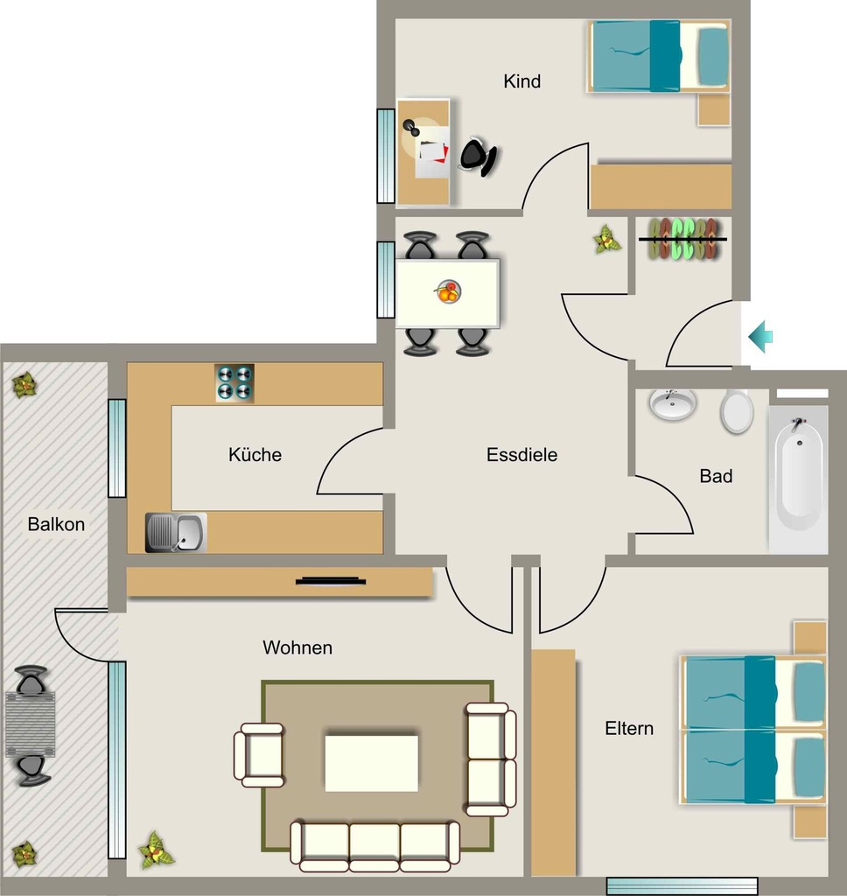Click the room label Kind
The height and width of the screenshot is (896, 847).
click(x=521, y=81)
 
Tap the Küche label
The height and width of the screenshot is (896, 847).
click(x=255, y=454)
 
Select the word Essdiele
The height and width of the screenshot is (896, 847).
click(x=521, y=454)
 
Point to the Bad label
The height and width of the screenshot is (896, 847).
click(x=716, y=475)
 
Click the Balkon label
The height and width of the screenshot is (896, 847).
click(x=56, y=524)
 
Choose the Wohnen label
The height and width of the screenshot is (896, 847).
click(x=297, y=647)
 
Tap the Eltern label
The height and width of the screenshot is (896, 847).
click(x=628, y=728)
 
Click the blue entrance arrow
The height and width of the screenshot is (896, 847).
click(x=760, y=337)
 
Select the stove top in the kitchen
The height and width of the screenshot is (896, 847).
click(x=234, y=383)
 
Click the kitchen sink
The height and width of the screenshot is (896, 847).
click(x=176, y=533)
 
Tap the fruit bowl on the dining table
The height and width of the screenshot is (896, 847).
click(x=448, y=291)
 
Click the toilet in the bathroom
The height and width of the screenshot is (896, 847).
click(x=736, y=411)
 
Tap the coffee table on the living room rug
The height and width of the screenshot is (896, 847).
click(x=372, y=763)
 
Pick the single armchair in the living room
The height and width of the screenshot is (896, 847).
click(x=259, y=755)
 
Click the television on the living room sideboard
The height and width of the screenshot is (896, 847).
click(x=331, y=582)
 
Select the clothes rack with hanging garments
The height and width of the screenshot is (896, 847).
click(x=683, y=239)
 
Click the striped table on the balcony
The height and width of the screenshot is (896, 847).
click(x=31, y=724)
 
